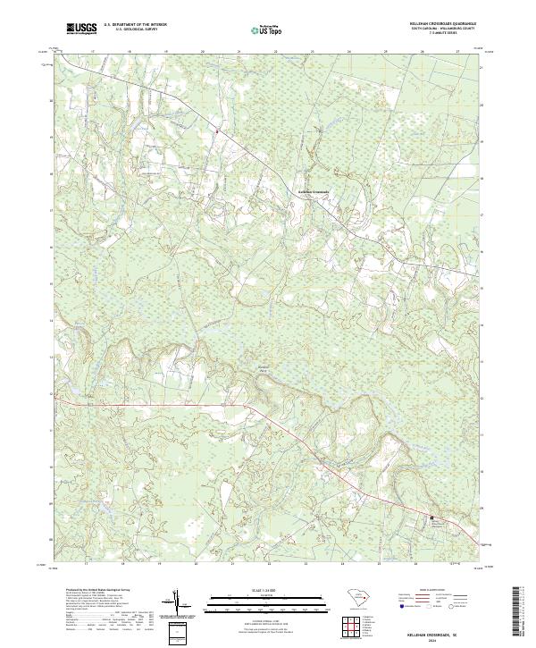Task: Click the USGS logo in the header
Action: point(81,29)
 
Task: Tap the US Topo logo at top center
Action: point(264,29)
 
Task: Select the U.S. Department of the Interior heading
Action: point(135,25)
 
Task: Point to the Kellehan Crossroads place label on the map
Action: point(313,191)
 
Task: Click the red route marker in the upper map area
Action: point(217,130)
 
